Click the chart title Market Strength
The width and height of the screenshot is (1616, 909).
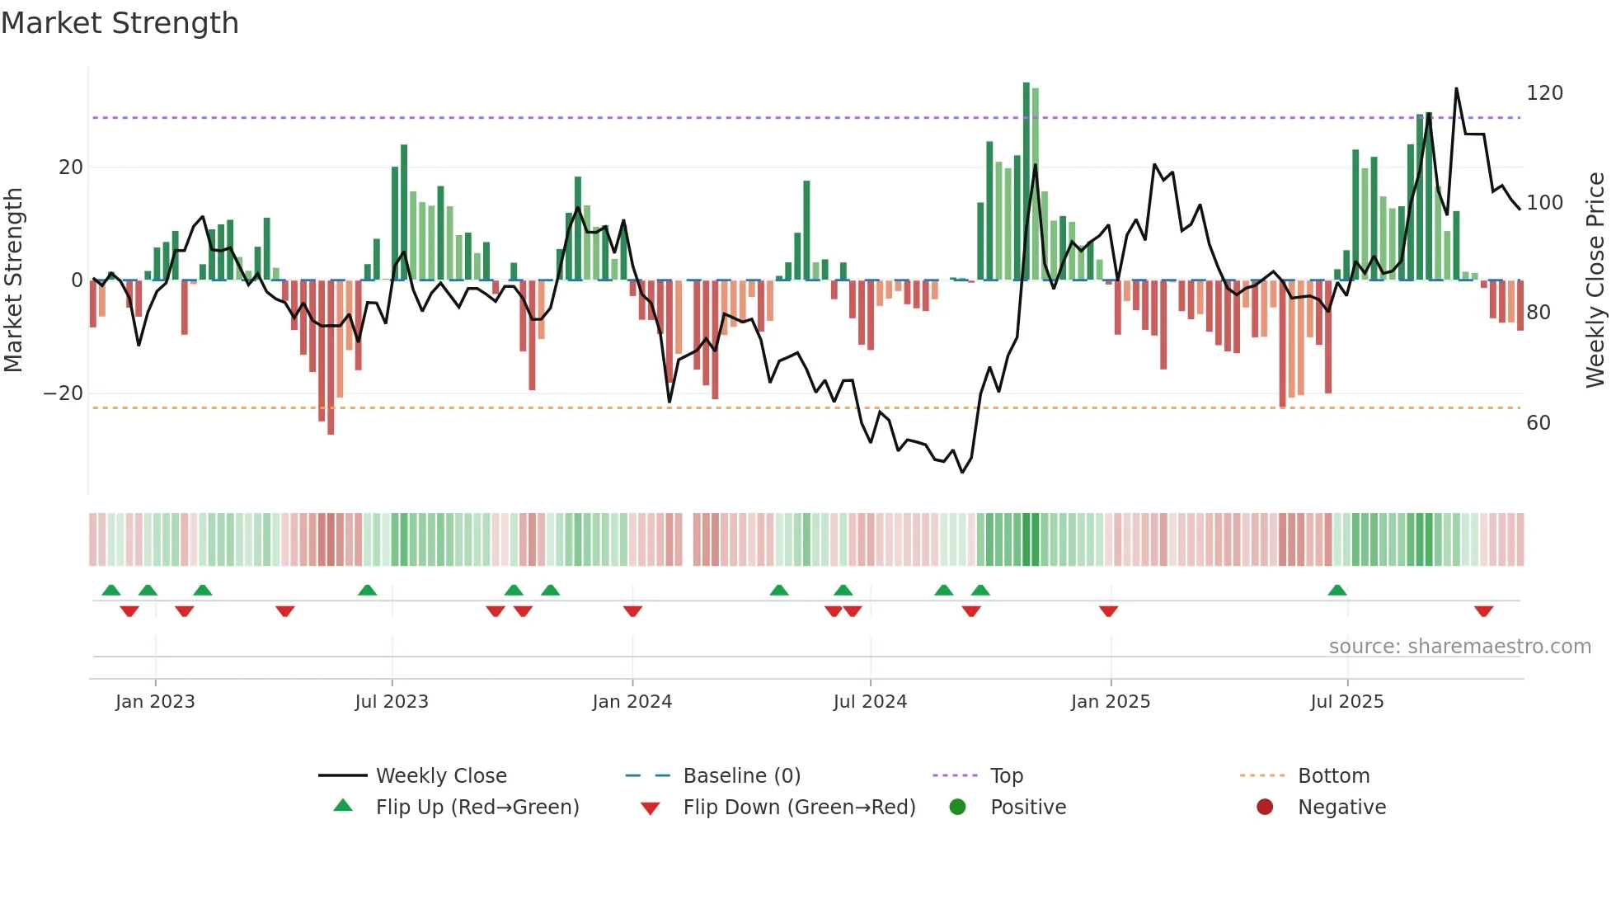(x=120, y=23)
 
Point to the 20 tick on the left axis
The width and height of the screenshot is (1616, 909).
(x=71, y=167)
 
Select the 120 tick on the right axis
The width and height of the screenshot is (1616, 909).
(x=1544, y=93)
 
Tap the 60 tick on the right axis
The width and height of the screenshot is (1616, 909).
(x=1538, y=423)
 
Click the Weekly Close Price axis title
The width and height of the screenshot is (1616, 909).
(x=1595, y=280)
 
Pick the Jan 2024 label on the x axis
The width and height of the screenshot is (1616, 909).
(x=632, y=702)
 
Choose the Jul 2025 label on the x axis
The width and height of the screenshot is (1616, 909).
(x=1346, y=702)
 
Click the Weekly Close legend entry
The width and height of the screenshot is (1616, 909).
(x=441, y=776)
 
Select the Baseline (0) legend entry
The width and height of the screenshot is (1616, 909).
(x=741, y=776)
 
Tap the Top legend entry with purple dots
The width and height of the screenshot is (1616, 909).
(x=1006, y=776)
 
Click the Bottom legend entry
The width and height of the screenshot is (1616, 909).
(x=1333, y=776)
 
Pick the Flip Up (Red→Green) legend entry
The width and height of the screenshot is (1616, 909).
(x=477, y=808)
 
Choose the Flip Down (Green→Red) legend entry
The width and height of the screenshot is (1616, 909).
(x=799, y=808)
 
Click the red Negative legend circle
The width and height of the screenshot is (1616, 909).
(x=1265, y=808)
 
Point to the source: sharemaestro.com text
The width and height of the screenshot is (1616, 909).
(x=1459, y=647)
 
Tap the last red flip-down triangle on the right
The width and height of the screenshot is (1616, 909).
(x=1483, y=611)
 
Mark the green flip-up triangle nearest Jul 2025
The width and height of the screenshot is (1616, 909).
(x=1337, y=590)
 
